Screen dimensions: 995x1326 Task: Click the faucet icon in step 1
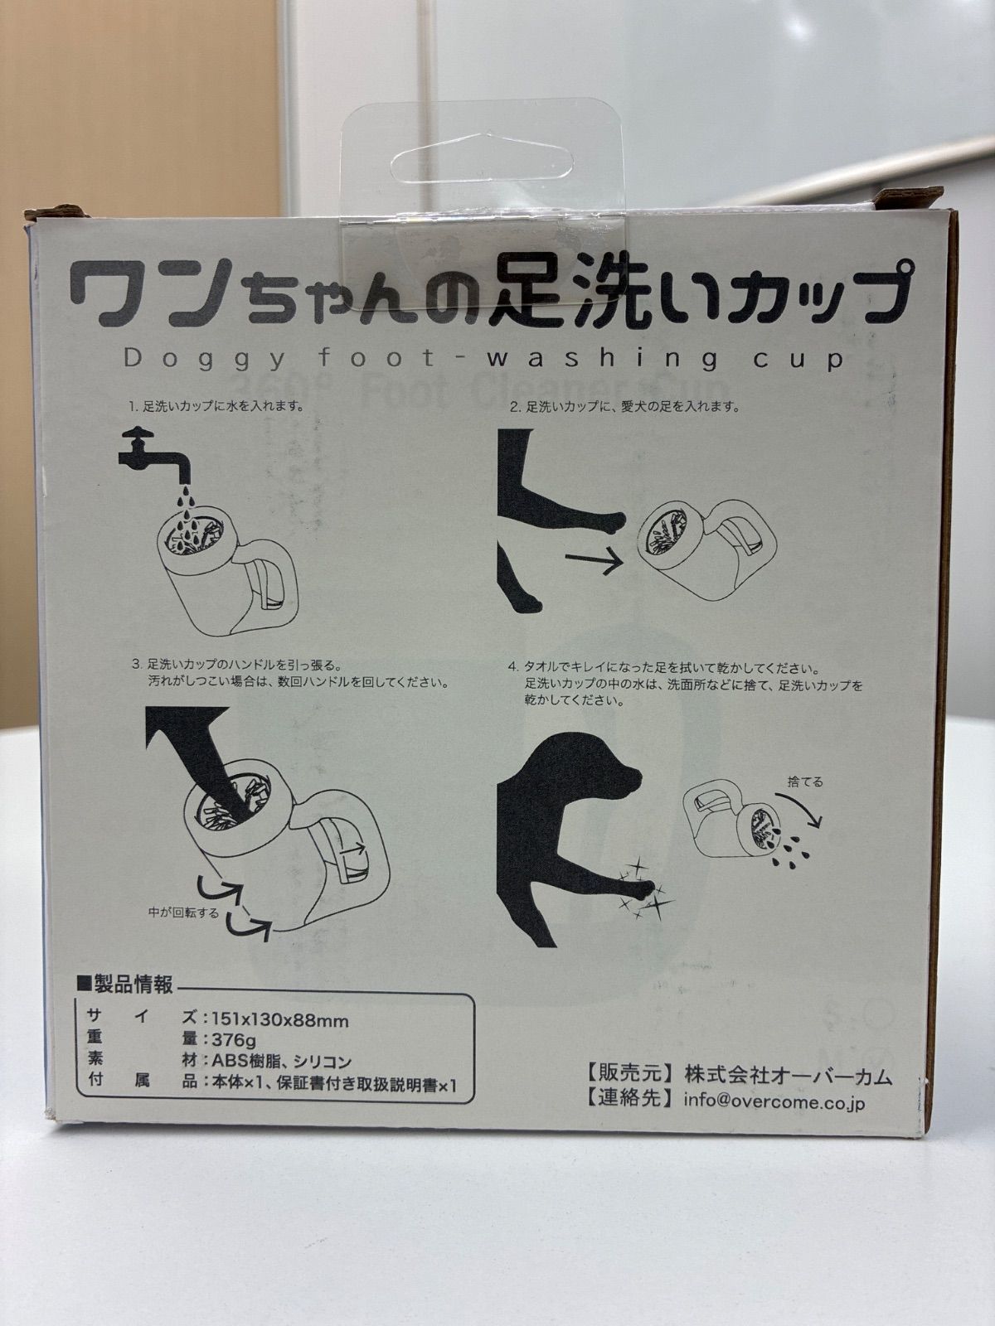(x=154, y=457)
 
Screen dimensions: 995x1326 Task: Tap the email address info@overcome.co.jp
(x=774, y=1101)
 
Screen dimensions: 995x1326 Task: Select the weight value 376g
(x=234, y=1040)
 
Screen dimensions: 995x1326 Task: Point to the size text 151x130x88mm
(x=279, y=1021)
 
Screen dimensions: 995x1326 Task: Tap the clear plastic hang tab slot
(x=482, y=159)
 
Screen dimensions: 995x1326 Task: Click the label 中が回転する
(x=183, y=912)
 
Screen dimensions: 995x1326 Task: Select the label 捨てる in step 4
(x=805, y=782)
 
